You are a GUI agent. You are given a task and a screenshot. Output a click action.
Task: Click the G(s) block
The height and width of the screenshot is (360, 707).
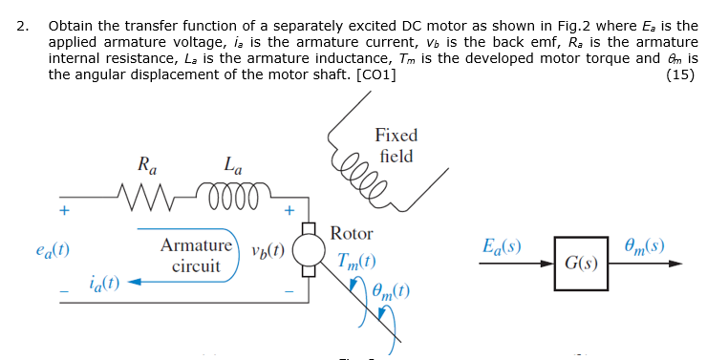click(x=581, y=261)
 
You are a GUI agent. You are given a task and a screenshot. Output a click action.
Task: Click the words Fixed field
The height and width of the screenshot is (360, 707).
click(x=396, y=146)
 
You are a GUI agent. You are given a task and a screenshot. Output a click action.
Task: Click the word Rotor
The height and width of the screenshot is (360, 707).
click(x=352, y=233)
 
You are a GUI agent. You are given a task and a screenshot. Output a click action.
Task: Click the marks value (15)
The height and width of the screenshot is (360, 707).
click(x=681, y=76)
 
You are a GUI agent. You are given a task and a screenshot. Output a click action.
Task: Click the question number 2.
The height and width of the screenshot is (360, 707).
click(x=21, y=26)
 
